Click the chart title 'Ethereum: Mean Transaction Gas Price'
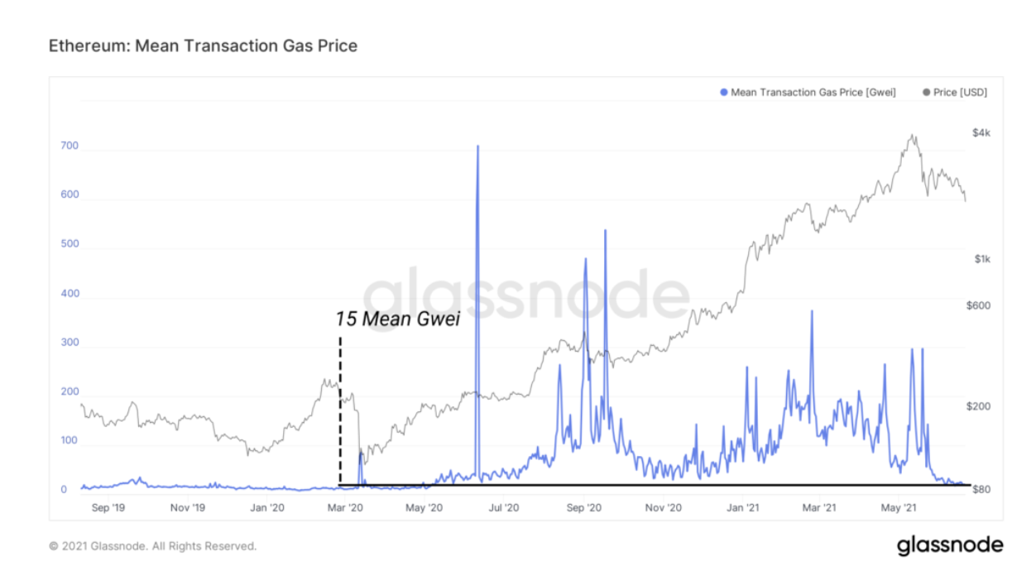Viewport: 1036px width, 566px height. [x=204, y=46]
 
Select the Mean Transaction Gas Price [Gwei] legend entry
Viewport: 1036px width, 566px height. [x=808, y=92]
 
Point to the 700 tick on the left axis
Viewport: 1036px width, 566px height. [x=70, y=146]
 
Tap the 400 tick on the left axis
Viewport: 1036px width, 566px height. [x=70, y=294]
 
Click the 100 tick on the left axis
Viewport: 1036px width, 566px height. [x=70, y=440]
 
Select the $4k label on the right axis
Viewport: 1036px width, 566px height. [x=981, y=133]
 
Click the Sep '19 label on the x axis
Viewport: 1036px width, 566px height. [x=108, y=507]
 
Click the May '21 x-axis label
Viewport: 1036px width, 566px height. [x=901, y=507]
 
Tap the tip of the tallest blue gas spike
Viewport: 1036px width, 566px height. [x=477, y=146]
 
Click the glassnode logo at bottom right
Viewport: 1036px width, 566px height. [x=950, y=545]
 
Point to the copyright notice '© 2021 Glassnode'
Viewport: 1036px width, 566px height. [x=153, y=546]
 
